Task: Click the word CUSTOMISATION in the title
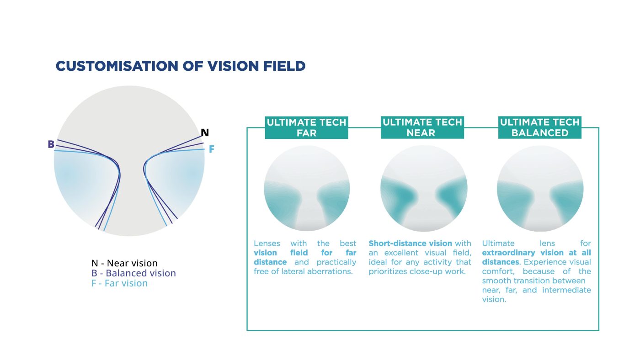point(117,66)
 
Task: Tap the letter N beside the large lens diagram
point(205,132)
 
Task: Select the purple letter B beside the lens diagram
point(51,144)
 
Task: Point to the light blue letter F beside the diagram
point(211,149)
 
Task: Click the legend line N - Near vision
point(124,263)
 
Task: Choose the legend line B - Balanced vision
point(133,273)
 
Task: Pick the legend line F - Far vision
point(119,283)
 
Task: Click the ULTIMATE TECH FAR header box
point(307,127)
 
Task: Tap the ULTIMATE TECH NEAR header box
point(422,127)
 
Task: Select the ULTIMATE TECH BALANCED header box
point(540,127)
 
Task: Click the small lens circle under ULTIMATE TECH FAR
point(307,188)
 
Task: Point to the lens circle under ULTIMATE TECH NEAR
point(424,188)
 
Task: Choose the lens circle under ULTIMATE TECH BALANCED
point(540,188)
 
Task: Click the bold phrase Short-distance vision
point(411,243)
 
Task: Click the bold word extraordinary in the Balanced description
point(508,253)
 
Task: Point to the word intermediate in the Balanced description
point(566,290)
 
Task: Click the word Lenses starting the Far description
point(267,244)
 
